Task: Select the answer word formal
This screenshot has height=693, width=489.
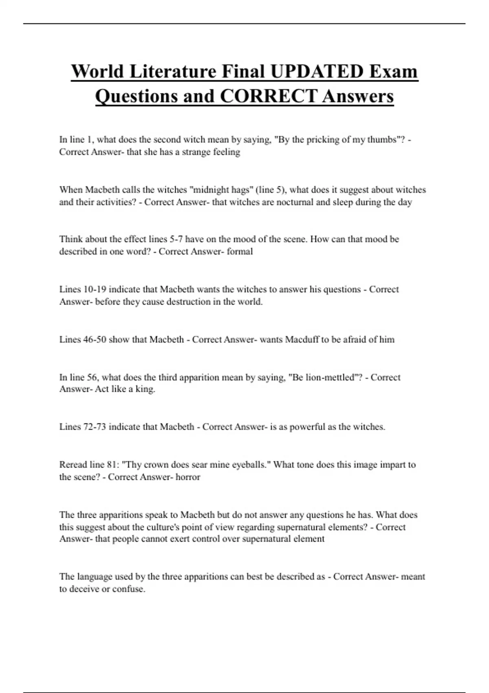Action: coord(240,251)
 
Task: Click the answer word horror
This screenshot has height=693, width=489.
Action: coord(188,477)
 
